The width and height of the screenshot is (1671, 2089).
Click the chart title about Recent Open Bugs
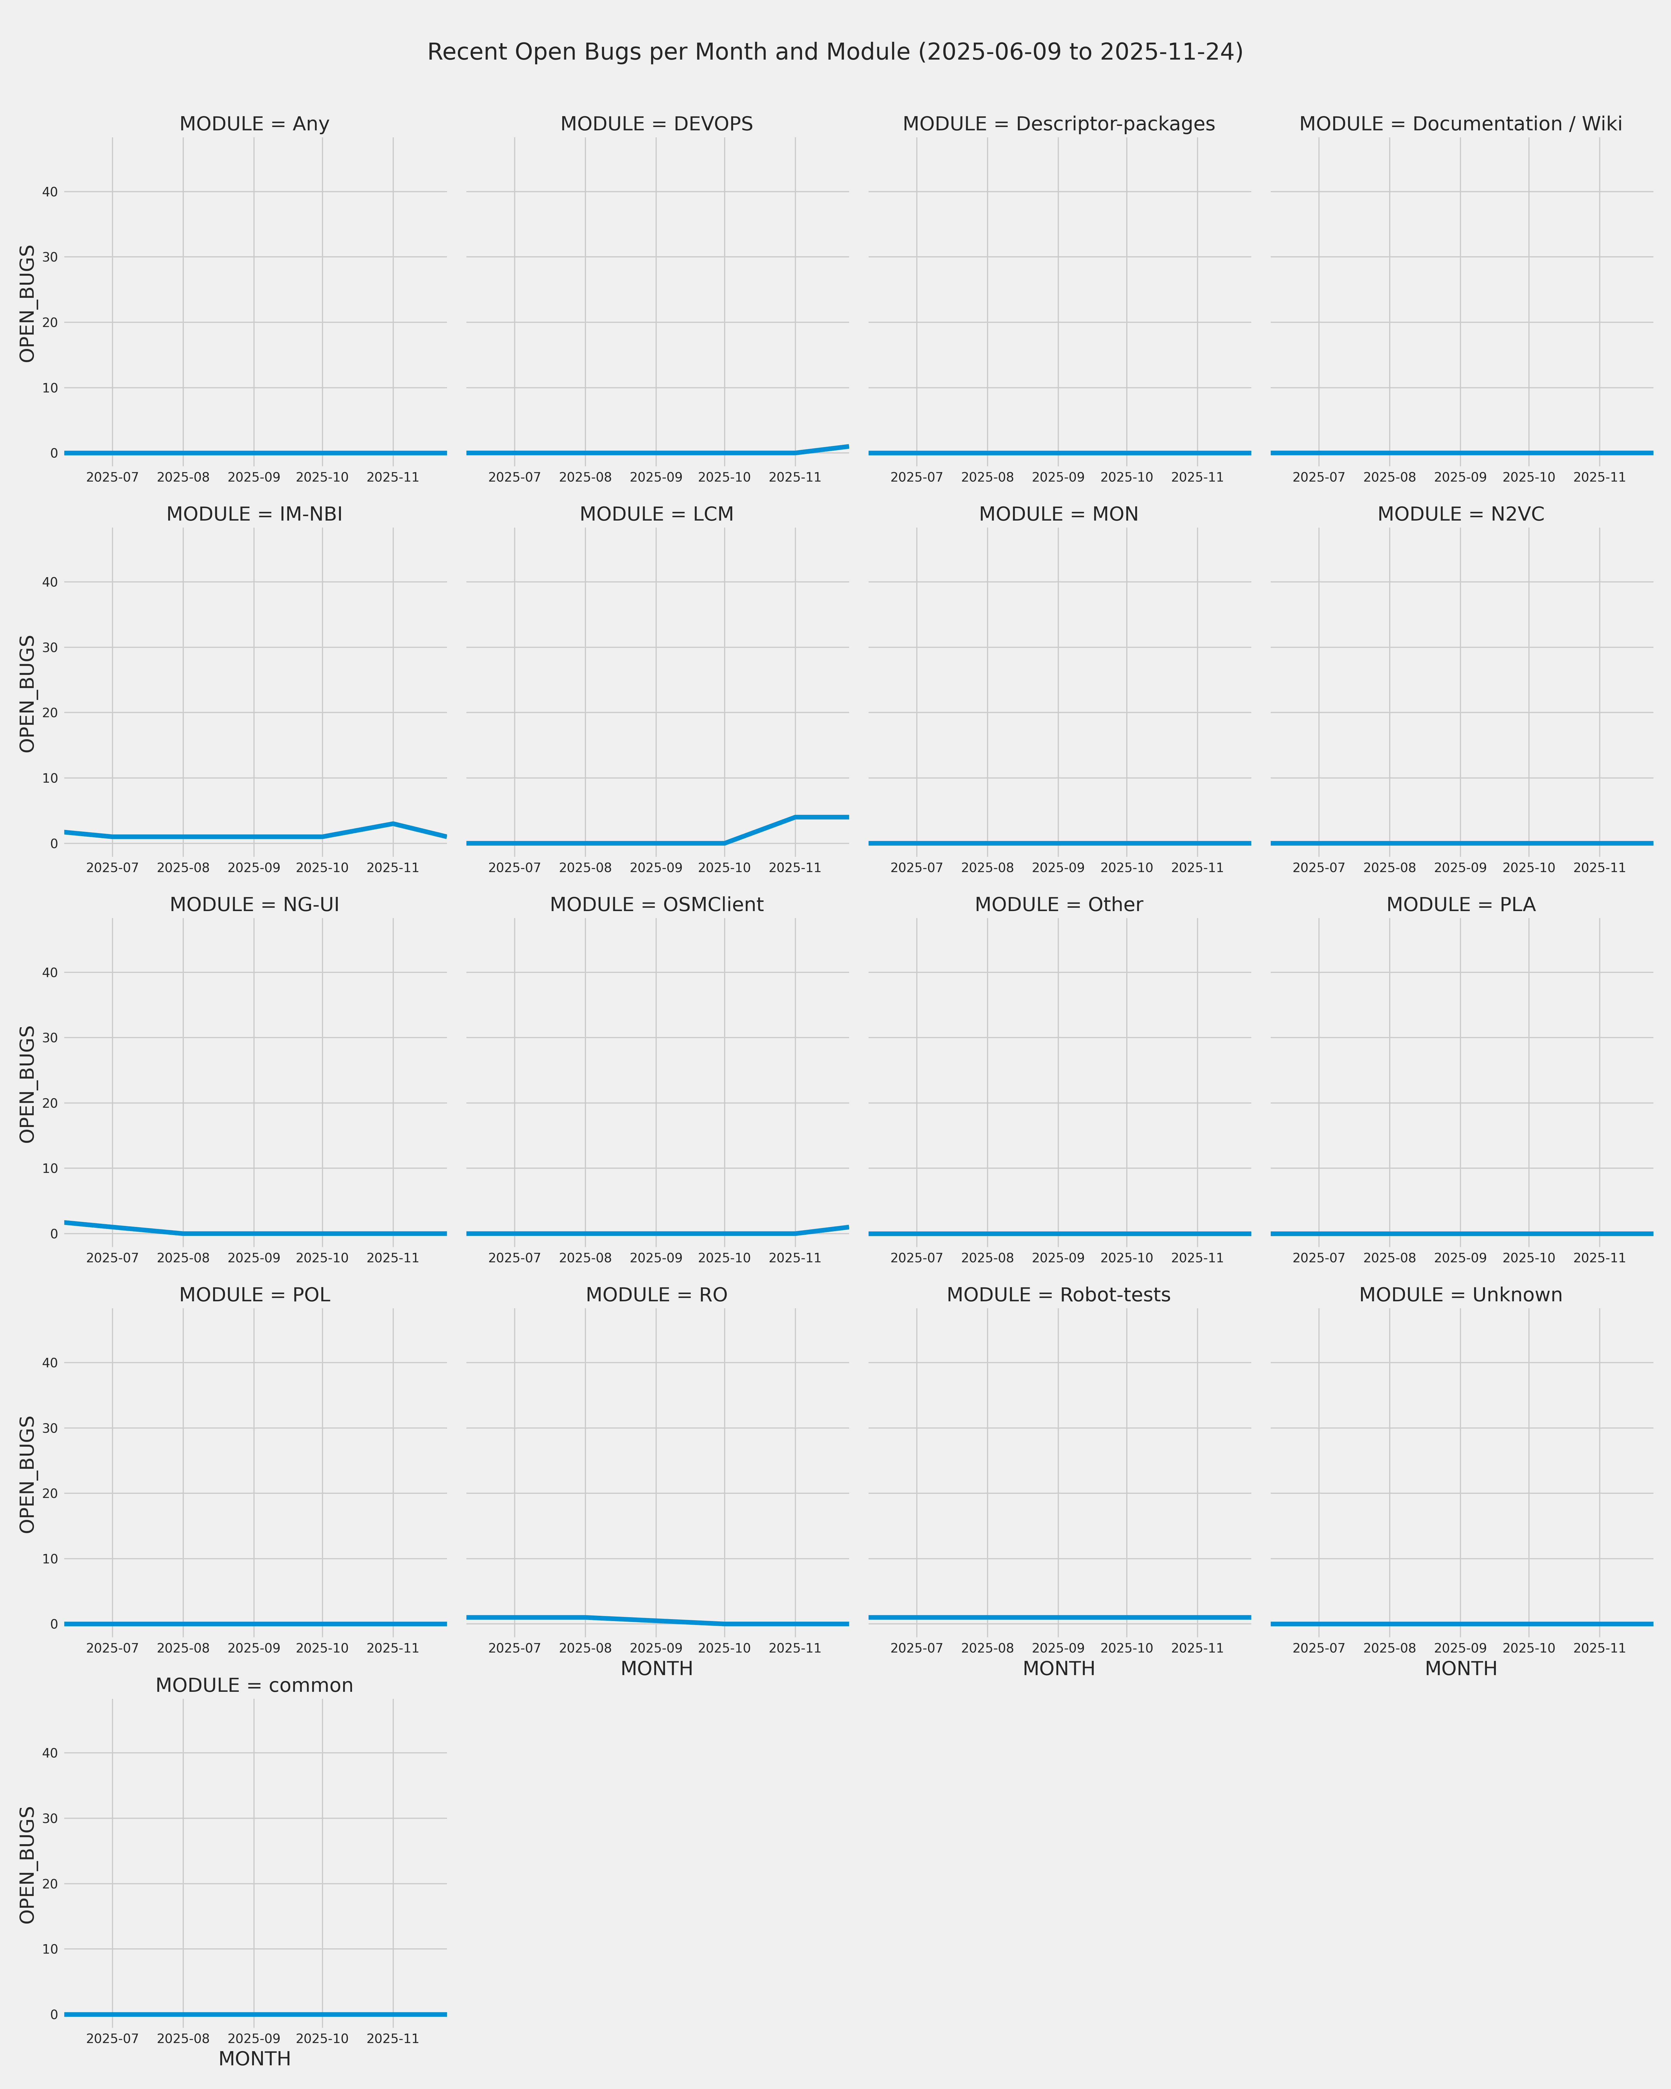click(x=835, y=52)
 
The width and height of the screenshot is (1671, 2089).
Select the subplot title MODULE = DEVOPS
click(x=657, y=124)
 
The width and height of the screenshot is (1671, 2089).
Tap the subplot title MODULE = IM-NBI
click(x=255, y=514)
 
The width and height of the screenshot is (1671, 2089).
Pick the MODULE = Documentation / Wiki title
click(x=1461, y=124)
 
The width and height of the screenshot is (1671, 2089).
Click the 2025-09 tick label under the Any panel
click(x=254, y=478)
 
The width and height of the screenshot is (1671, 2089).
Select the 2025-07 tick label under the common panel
click(x=112, y=2039)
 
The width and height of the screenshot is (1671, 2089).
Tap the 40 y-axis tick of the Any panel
click(x=49, y=192)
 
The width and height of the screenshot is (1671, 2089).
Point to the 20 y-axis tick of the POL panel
click(x=49, y=1493)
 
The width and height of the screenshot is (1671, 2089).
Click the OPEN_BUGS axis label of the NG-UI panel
click(x=27, y=1084)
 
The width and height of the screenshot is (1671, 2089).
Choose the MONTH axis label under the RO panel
click(x=657, y=1668)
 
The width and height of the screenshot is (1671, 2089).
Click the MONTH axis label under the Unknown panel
click(x=1461, y=1668)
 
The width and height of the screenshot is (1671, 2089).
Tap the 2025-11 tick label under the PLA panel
click(x=1599, y=1258)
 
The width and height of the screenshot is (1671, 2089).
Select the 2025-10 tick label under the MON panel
click(x=1127, y=868)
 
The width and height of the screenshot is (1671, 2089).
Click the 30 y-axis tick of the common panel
click(x=49, y=1819)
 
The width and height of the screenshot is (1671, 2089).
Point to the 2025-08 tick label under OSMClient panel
click(x=585, y=1258)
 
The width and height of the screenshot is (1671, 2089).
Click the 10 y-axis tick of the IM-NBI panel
click(x=49, y=778)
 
